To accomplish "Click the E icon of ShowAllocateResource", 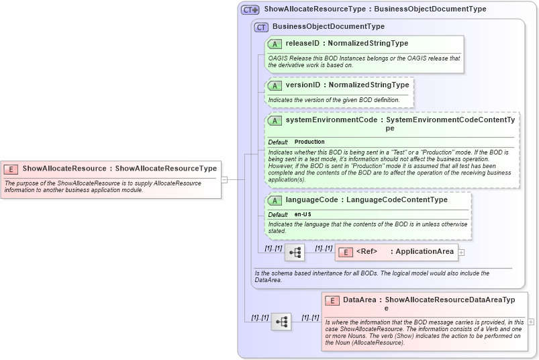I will (11, 169).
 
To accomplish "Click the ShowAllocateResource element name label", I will (64, 169).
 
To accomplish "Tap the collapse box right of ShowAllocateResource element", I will (224, 179).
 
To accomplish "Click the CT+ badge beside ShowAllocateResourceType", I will (250, 10).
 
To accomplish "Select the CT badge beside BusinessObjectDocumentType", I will (261, 27).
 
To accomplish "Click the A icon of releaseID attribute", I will (275, 44).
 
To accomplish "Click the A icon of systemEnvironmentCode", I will (275, 121).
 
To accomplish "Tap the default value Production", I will (309, 142).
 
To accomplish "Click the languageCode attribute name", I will (311, 199).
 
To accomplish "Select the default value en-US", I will (303, 214).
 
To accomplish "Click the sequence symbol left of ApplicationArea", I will (294, 253).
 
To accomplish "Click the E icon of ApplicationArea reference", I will (345, 252).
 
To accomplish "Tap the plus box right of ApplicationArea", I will (461, 253).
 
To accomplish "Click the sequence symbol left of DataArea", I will (281, 322).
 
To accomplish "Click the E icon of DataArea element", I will (332, 300).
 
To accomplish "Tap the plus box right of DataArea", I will (531, 322).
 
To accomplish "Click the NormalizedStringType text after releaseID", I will (368, 44).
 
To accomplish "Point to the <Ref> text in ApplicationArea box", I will (366, 252).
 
